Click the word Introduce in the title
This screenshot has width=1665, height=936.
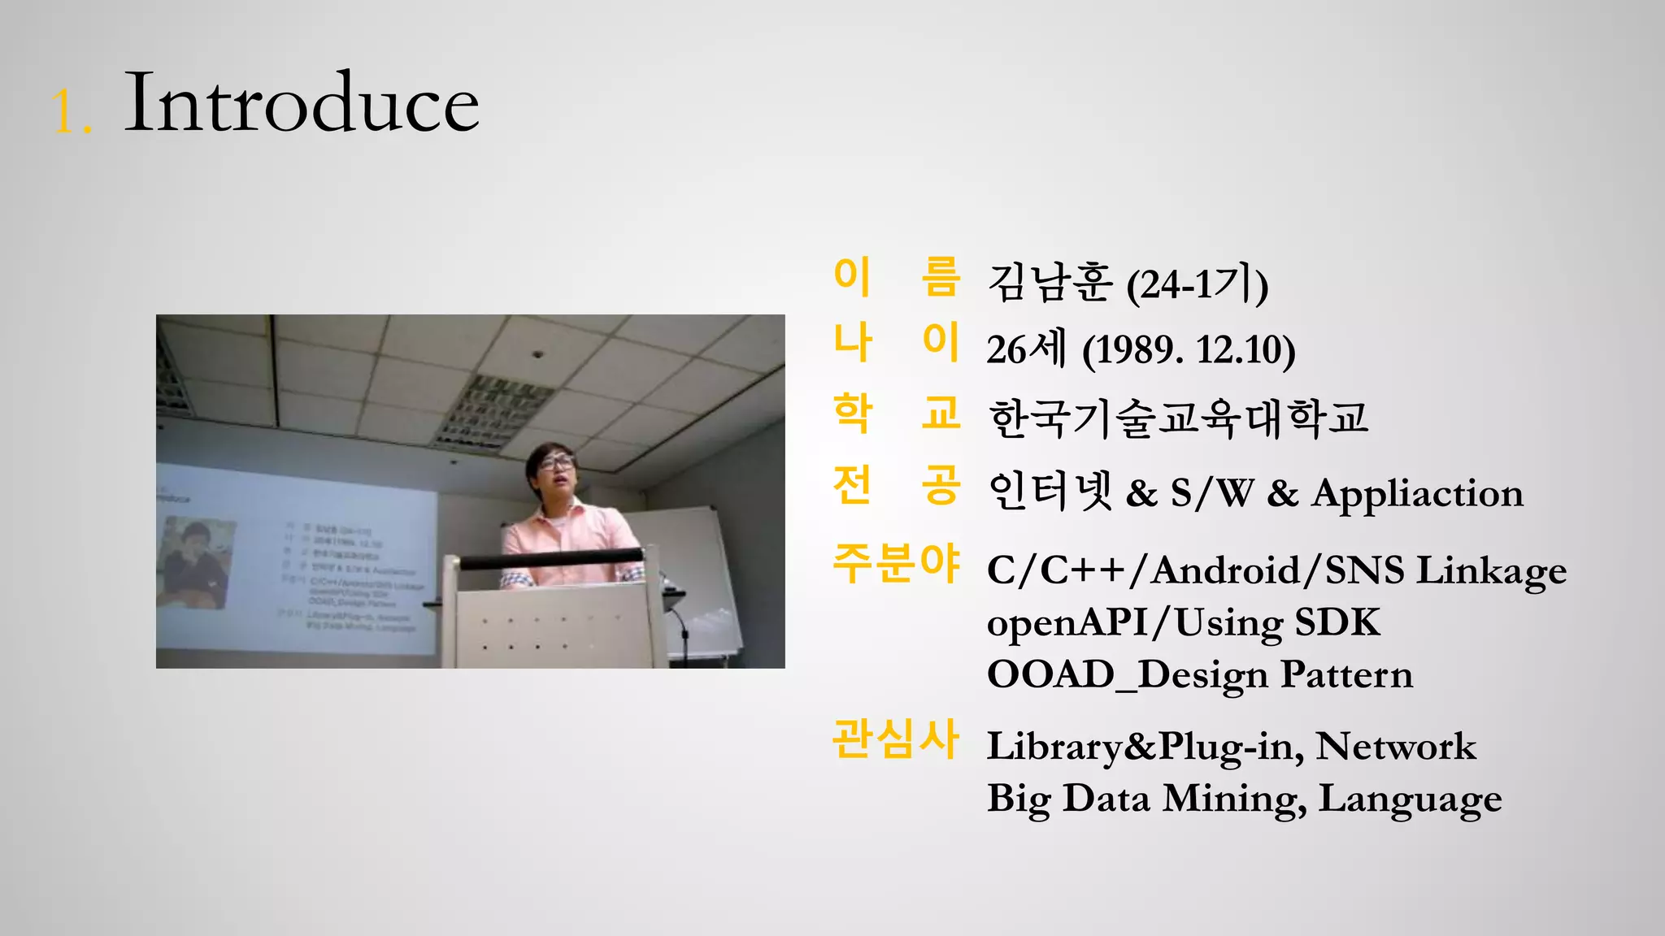301,104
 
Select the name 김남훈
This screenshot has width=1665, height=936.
1050,284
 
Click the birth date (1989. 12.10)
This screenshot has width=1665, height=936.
1189,350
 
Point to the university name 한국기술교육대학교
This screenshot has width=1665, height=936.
1178,418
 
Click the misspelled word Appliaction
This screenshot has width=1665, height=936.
1417,493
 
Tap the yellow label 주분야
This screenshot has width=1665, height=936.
896,563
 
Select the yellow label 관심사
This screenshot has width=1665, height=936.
896,739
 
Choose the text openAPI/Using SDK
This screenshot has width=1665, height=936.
1183,623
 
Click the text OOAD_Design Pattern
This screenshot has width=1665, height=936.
1199,675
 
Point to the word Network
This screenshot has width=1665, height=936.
1395,746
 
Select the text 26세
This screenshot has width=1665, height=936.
1026,350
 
